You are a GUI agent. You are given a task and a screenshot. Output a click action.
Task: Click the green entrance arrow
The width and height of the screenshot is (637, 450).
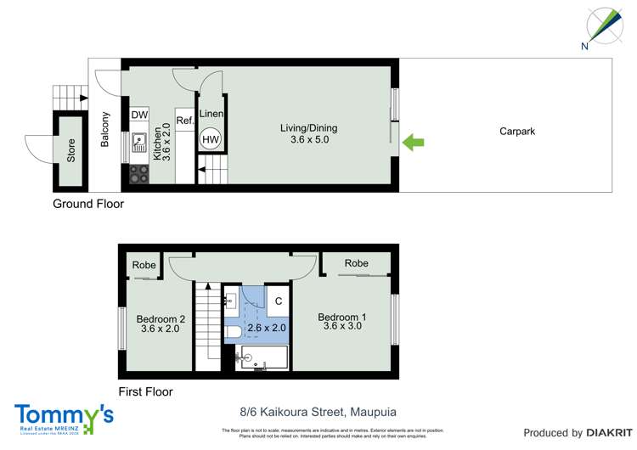click(414, 143)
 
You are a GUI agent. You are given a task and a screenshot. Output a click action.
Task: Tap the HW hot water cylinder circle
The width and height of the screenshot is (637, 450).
click(210, 139)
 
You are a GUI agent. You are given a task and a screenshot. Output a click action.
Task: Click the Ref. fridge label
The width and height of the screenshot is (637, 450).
click(185, 121)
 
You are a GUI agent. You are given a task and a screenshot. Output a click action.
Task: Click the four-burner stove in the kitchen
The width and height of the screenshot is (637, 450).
click(139, 173)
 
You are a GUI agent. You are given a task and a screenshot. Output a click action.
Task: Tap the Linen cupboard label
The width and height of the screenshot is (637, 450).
click(211, 114)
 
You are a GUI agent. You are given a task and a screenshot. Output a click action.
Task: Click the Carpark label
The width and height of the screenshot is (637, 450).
click(516, 132)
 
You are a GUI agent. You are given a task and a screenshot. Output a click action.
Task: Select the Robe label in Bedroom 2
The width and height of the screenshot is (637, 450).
click(144, 265)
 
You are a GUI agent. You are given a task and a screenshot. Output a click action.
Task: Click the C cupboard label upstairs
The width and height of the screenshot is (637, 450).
click(279, 300)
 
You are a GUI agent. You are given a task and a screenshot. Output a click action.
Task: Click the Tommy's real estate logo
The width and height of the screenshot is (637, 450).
click(64, 419)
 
